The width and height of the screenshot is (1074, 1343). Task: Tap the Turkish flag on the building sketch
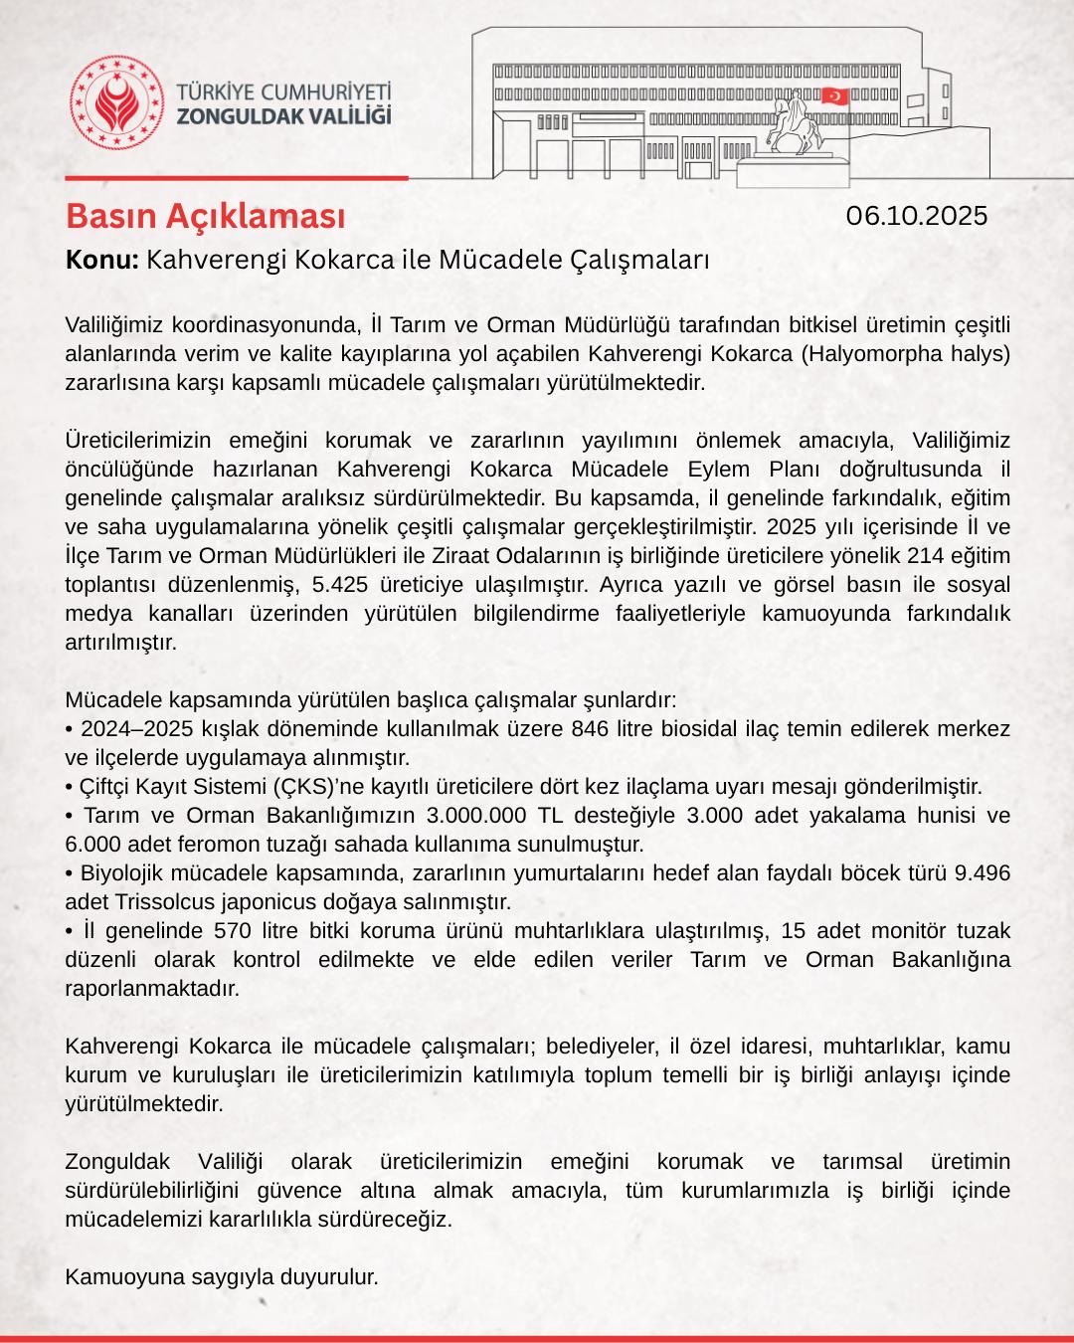pyautogui.click(x=834, y=96)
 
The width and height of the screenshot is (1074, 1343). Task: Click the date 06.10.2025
pyautogui.click(x=917, y=216)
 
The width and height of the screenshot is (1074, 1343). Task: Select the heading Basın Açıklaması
pyautogui.click(x=206, y=216)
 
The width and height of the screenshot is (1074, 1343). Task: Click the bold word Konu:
pyautogui.click(x=101, y=261)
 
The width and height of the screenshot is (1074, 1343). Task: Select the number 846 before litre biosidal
pyautogui.click(x=591, y=728)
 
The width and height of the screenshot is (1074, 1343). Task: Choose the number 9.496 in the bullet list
pyautogui.click(x=982, y=873)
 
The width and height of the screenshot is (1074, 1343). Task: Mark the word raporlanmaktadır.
pyautogui.click(x=152, y=989)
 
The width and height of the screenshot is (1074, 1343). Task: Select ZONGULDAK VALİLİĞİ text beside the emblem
pyautogui.click(x=283, y=115)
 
